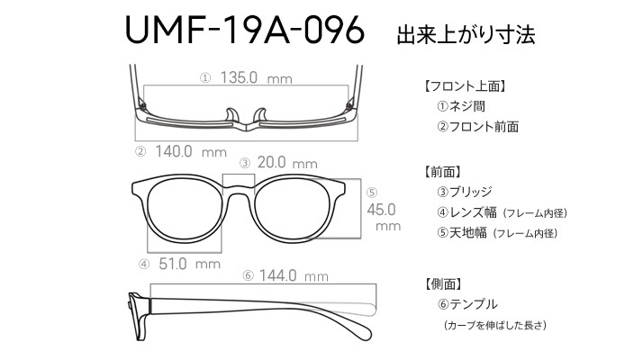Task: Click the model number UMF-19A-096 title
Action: point(244,30)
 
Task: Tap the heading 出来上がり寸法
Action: point(466,34)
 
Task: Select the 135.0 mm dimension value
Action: point(256,77)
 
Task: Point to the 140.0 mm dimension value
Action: point(191,152)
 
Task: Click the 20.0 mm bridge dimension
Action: point(287,163)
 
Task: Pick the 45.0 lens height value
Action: point(381,210)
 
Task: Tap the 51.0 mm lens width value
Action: point(189,264)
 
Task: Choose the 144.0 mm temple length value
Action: point(294,275)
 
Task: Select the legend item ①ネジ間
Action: point(461,106)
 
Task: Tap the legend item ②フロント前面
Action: point(477,126)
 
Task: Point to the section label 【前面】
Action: point(441,172)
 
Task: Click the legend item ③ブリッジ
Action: point(464,192)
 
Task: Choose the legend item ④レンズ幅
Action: point(466,212)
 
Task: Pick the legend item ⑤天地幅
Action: point(462,233)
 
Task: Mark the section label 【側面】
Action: point(441,283)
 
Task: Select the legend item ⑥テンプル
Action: point(467,304)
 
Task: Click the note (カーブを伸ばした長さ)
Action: point(495,325)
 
